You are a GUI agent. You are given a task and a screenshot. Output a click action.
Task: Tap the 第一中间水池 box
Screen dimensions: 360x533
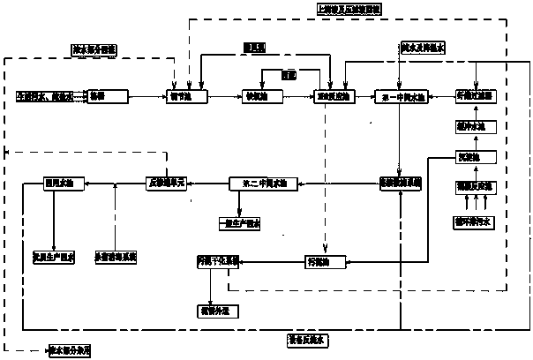[x=400, y=94]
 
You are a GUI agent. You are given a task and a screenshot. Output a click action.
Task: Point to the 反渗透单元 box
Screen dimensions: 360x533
[x=169, y=184]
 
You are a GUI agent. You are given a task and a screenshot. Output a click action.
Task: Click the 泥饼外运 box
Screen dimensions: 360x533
[x=217, y=311]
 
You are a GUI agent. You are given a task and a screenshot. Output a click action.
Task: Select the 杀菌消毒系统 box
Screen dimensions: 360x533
[x=116, y=257]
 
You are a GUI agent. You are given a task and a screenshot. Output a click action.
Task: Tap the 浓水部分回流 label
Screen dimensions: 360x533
[x=94, y=49]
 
